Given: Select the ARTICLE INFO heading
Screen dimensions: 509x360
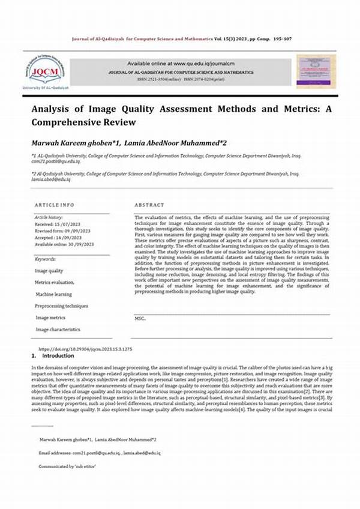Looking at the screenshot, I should (55, 205).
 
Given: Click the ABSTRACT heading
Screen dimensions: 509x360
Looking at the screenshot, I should (149, 205).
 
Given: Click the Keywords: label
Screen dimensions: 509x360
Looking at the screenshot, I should (46, 259).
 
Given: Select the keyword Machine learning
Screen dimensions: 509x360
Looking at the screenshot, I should (53, 294).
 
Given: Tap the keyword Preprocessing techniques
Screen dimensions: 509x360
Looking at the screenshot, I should (62, 306).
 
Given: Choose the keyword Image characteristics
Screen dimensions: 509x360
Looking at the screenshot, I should (58, 330).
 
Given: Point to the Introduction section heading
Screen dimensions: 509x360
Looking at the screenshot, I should (58, 356).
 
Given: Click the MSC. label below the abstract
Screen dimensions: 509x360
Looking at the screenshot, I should (140, 319).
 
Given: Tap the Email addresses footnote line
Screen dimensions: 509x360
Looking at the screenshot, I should (99, 453).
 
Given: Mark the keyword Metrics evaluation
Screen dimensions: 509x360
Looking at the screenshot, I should (55, 282).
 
